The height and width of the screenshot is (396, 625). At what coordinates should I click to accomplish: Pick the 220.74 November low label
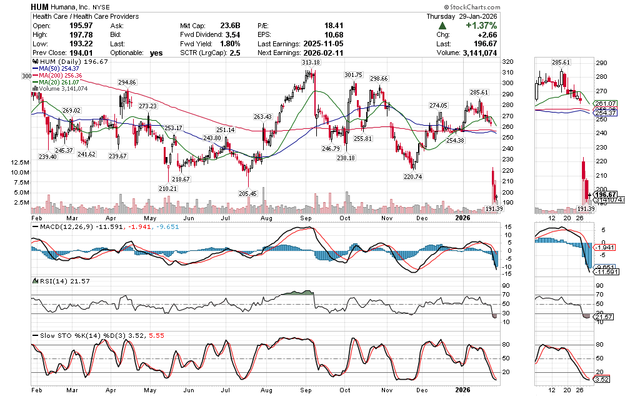coord(414,177)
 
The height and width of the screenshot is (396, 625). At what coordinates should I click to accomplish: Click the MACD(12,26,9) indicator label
coord(59,226)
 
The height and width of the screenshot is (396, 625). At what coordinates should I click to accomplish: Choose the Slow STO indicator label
coord(52,336)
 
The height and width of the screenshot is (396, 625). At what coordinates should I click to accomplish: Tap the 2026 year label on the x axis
coord(462,218)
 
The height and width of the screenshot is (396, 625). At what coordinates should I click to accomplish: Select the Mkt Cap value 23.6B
coord(230,26)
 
